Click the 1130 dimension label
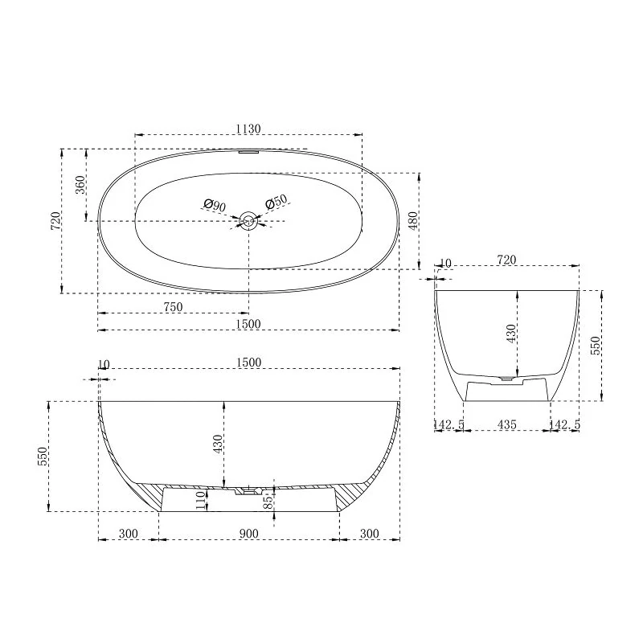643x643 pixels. (x=248, y=129)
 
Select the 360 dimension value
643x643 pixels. (x=80, y=185)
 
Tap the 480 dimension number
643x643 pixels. (x=413, y=220)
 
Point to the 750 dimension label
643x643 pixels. (x=173, y=307)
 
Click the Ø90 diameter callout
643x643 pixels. (x=215, y=205)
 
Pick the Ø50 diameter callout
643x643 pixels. (x=276, y=202)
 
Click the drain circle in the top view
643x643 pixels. (x=248, y=221)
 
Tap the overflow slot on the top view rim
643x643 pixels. (x=248, y=152)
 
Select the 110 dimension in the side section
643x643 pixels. (x=200, y=500)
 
